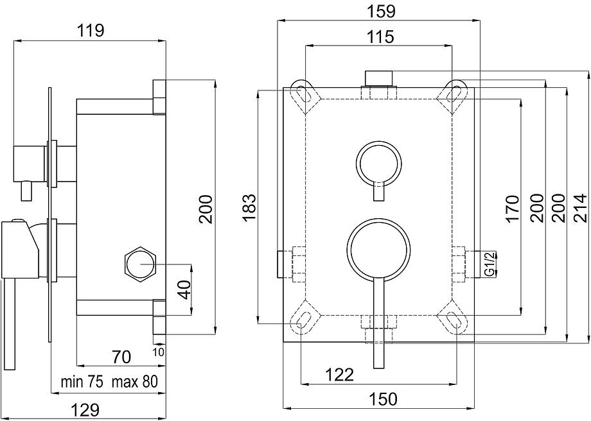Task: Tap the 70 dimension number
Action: click(x=122, y=356)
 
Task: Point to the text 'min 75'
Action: click(x=81, y=382)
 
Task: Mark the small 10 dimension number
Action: click(x=159, y=352)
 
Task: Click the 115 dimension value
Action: click(x=380, y=37)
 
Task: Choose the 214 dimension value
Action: click(x=580, y=207)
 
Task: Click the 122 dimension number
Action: click(x=339, y=375)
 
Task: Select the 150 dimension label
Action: click(x=384, y=399)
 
